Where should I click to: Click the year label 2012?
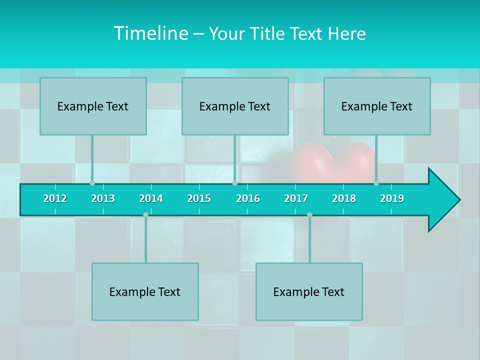(x=55, y=198)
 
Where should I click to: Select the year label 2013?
(x=103, y=198)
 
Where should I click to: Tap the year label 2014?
(x=151, y=198)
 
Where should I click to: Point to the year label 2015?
(x=199, y=198)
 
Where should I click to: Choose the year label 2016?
(x=248, y=198)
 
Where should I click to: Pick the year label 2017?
(x=296, y=198)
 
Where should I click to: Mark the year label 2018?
(x=344, y=198)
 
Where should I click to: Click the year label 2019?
(x=392, y=198)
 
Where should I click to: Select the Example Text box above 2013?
(x=93, y=106)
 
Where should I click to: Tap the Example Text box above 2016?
(x=235, y=106)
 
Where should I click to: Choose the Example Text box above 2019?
(x=377, y=106)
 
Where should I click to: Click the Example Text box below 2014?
(x=145, y=291)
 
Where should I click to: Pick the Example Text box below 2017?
(x=309, y=291)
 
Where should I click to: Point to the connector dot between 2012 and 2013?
(x=92, y=183)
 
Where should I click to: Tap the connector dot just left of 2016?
(x=234, y=183)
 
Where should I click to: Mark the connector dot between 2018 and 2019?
(x=376, y=183)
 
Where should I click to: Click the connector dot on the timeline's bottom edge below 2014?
(x=145, y=215)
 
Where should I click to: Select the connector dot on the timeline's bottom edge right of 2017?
(x=309, y=215)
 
